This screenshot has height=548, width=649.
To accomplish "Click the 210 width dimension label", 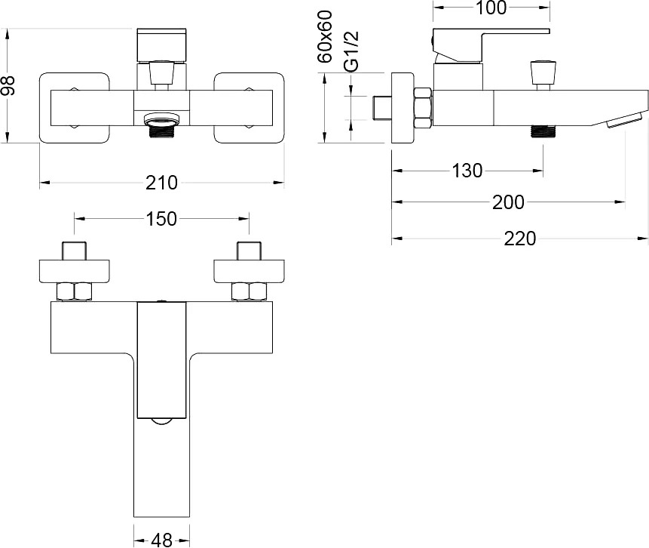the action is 161,183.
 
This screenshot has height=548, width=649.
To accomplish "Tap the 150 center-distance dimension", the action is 161,218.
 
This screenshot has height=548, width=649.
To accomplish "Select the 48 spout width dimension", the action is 162,540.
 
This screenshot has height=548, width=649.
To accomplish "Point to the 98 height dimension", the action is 8,85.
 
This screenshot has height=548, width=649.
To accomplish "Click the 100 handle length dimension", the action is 491,8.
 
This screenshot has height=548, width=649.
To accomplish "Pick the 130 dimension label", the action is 467,171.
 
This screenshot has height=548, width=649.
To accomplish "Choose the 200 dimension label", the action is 508,202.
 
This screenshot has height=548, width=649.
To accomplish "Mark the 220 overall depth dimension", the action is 520,239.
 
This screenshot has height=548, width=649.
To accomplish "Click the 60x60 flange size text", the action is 326,36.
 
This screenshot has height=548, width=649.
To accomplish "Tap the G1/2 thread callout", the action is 351,51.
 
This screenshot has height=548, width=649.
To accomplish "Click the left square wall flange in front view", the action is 75,108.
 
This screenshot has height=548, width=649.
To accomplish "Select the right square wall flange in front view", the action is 249,108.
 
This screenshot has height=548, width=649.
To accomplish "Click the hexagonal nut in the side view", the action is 423,108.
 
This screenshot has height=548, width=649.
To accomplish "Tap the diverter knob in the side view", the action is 541,75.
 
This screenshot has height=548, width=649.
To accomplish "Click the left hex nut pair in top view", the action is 75,291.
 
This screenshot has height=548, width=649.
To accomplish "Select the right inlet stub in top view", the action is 249,251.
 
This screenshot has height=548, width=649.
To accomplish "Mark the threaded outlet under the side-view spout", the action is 543,131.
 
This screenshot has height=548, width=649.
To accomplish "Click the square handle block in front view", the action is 161,45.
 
